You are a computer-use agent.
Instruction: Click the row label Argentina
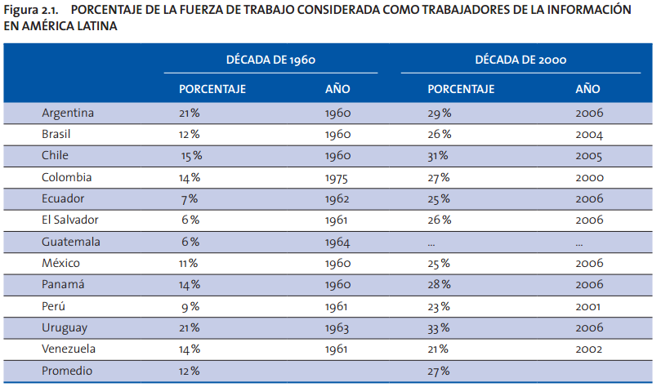[68, 113]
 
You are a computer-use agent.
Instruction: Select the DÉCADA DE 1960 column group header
[270, 60]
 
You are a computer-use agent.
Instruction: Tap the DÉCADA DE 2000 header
[520, 60]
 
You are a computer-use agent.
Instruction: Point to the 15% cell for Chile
[192, 156]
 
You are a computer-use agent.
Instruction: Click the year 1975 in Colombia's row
[337, 177]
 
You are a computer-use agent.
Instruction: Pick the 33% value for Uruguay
[439, 328]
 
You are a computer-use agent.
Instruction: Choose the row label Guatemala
[72, 242]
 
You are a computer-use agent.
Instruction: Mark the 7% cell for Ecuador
[189, 199]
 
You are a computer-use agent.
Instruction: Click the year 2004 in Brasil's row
[588, 134]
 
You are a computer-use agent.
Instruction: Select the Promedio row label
[67, 371]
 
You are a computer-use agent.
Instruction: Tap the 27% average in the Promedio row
[439, 371]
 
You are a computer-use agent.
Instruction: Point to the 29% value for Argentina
[439, 113]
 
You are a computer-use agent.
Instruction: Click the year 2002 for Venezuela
[588, 349]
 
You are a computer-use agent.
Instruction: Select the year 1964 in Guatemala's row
[337, 242]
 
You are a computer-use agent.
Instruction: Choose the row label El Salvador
[72, 220]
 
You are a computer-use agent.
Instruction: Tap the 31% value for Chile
[439, 156]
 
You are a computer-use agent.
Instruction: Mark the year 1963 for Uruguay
[337, 328]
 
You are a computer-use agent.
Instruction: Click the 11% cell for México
[189, 263]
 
